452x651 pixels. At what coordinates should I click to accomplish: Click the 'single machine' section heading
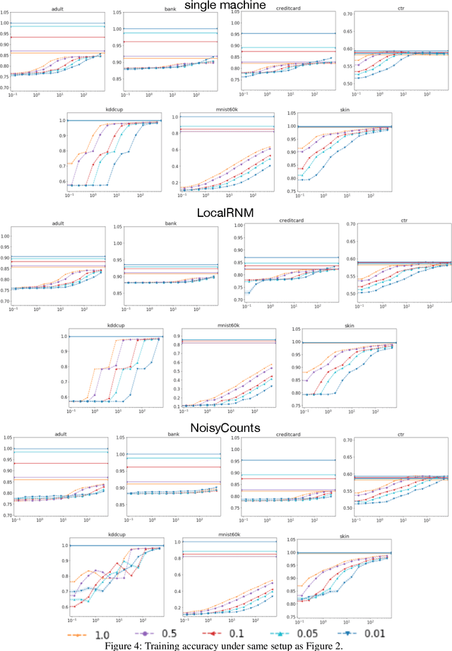tap(225, 6)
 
